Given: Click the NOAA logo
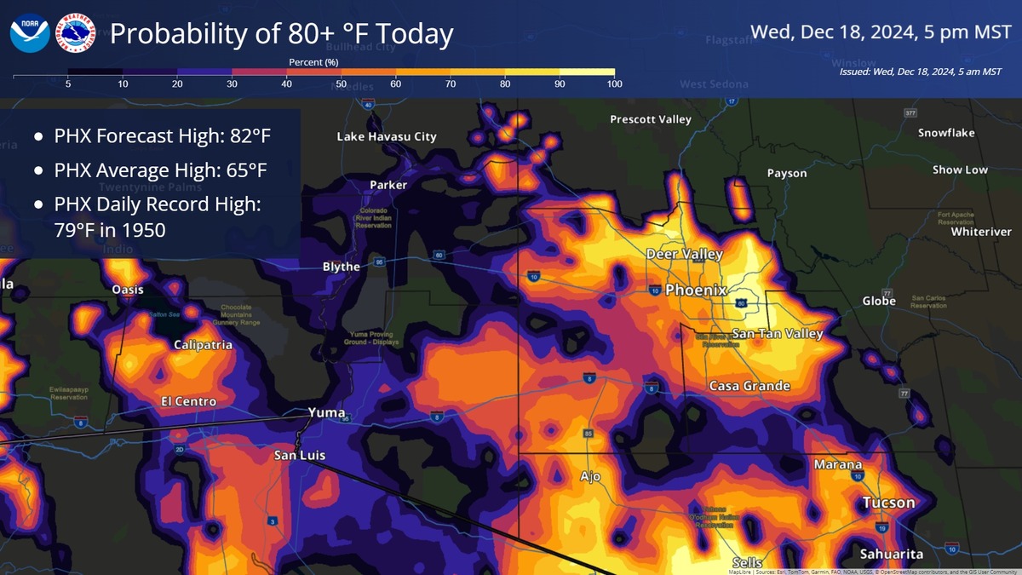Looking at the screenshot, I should pyautogui.click(x=30, y=34).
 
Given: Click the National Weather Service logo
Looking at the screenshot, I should pyautogui.click(x=74, y=34).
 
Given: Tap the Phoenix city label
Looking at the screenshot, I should pyautogui.click(x=696, y=290).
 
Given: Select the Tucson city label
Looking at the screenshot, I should pyautogui.click(x=888, y=503).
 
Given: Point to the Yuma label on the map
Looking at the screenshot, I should pyautogui.click(x=326, y=412).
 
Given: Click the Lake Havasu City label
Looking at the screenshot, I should pyautogui.click(x=386, y=136).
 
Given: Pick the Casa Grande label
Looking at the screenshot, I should pyautogui.click(x=749, y=386).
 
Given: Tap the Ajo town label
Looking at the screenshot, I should pyautogui.click(x=590, y=476).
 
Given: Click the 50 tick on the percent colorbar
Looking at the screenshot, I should pyautogui.click(x=341, y=83).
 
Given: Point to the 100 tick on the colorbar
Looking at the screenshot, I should pyautogui.click(x=614, y=83).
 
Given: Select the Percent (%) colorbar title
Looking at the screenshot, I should pyautogui.click(x=313, y=62).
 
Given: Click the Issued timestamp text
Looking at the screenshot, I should pyautogui.click(x=920, y=72).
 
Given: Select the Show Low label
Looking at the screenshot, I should pyautogui.click(x=960, y=170).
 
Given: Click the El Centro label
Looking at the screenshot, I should pyautogui.click(x=188, y=401).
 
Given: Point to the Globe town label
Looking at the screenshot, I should pyautogui.click(x=878, y=301).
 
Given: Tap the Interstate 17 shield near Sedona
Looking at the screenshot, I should pyautogui.click(x=732, y=102).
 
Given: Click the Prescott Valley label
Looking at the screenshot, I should pyautogui.click(x=650, y=119).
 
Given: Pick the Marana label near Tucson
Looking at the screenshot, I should pyautogui.click(x=838, y=464).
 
